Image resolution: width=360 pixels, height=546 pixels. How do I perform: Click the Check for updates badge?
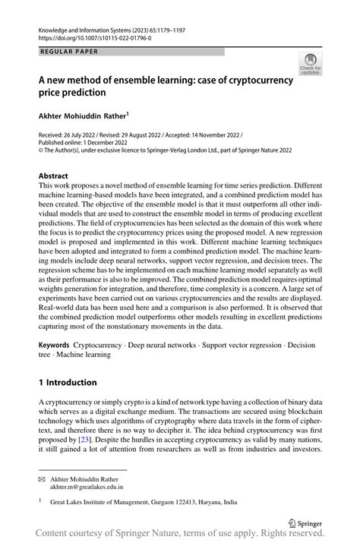(309, 65)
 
